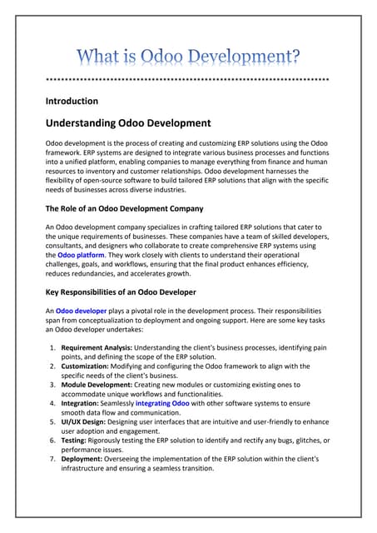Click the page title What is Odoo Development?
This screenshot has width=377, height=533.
[189, 58]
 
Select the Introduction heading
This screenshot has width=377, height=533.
[72, 101]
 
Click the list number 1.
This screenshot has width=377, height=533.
[52, 347]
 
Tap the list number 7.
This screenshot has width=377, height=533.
[52, 457]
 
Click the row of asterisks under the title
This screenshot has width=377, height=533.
[188, 81]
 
